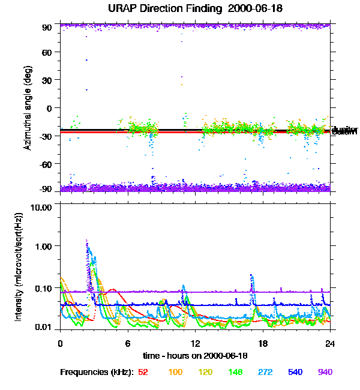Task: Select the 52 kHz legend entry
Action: click(x=143, y=373)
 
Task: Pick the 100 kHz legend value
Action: click(x=175, y=373)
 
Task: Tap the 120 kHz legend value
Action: click(x=205, y=373)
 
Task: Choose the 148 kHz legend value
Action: click(x=235, y=373)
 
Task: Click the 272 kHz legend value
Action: click(x=265, y=373)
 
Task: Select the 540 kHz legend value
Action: click(x=295, y=373)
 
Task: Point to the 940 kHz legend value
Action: click(x=325, y=373)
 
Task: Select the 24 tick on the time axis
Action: click(x=330, y=343)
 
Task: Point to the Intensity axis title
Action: click(x=19, y=266)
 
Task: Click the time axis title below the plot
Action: click(x=195, y=356)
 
